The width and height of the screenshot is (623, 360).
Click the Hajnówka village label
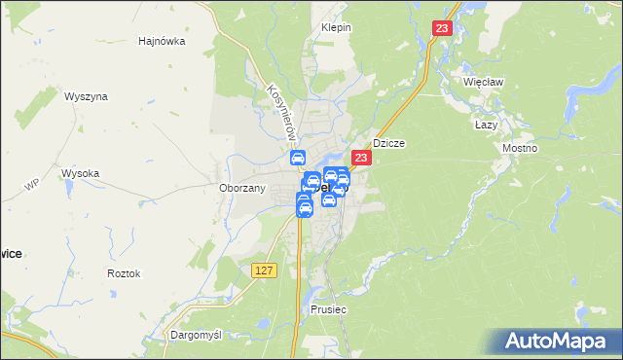162,42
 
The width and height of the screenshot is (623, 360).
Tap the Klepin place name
336,27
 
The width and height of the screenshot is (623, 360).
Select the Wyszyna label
86,96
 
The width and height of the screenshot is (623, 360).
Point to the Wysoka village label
81,173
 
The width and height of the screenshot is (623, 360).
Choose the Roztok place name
124,273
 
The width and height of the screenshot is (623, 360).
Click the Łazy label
486,125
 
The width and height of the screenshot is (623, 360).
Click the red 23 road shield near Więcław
444,30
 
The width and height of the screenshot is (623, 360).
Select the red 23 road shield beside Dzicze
361,158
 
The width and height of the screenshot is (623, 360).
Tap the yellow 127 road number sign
264,270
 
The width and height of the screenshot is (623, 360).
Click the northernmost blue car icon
298,159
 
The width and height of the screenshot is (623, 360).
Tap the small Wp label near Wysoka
32,185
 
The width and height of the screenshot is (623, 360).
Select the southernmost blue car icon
303,207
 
